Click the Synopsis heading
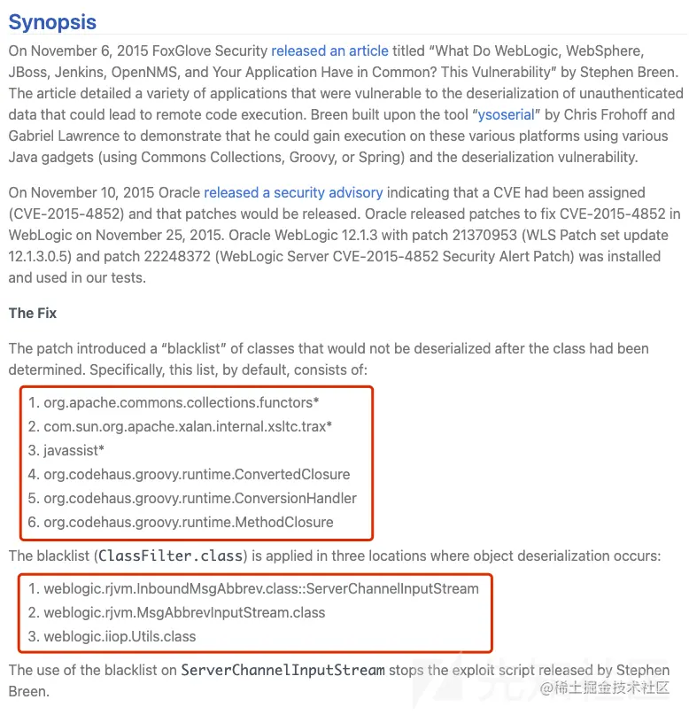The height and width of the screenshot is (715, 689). tap(52, 22)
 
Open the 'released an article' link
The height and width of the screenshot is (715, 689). tap(329, 51)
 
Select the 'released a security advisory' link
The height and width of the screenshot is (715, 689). tap(293, 192)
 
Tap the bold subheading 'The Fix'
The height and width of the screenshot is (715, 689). tap(33, 314)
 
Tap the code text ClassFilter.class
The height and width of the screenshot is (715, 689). tap(170, 556)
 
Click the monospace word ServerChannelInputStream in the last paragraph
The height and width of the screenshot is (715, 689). tap(283, 670)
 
